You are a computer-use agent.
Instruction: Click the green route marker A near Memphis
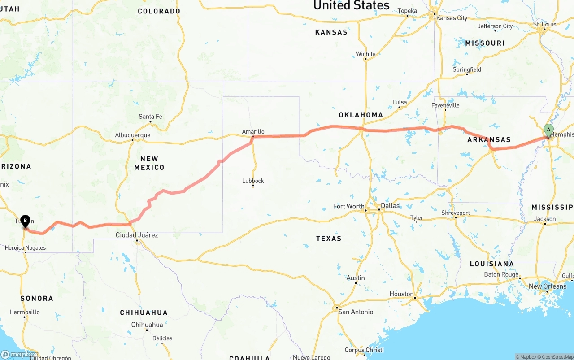548,130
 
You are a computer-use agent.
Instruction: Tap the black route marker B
26,221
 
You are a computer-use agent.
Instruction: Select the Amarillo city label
253,131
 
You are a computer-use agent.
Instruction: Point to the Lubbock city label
253,181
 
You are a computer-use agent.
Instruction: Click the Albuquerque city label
133,135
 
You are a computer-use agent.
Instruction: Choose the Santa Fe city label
150,117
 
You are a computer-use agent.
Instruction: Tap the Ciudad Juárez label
137,235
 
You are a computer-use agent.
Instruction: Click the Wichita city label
365,54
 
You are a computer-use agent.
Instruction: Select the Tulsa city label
399,102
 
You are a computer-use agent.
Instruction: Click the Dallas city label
390,206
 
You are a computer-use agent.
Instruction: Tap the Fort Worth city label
349,206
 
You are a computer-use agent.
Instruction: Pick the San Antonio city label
356,312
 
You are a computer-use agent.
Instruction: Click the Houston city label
401,294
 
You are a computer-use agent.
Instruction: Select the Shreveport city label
456,213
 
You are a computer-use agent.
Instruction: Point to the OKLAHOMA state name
361,115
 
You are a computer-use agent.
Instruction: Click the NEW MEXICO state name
149,163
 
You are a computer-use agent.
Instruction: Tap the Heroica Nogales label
25,247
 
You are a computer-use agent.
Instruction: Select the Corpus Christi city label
364,350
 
